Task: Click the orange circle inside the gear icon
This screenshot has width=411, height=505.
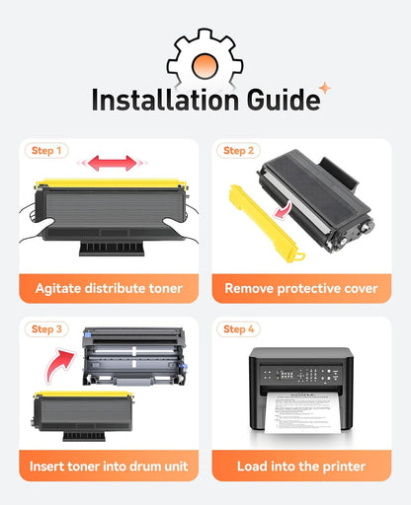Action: coord(205,66)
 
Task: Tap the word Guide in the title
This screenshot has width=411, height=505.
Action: coord(284,100)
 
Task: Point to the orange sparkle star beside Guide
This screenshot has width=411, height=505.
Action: coord(325,88)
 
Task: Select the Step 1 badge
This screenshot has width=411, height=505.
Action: coord(46,151)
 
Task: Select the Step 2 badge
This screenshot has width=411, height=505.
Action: coord(238,151)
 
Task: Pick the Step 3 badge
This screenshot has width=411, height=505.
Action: coord(46,329)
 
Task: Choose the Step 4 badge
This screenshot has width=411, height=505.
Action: coord(238,329)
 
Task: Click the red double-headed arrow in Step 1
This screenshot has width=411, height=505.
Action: coord(113,163)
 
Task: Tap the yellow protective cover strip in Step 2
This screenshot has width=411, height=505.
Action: coord(267,224)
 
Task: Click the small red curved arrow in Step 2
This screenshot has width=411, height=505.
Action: coord(284,211)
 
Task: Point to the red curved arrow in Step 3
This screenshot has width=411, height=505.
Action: coord(60,366)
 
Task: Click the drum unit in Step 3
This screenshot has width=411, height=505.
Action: coord(134,356)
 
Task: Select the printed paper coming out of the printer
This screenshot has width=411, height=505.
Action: coord(303,412)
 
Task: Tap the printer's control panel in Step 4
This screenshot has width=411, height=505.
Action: coord(300,375)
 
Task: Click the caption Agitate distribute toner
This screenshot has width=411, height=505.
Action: coord(109,288)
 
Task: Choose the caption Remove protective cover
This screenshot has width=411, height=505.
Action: coord(301,288)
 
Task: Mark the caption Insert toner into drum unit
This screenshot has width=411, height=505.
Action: coord(109,467)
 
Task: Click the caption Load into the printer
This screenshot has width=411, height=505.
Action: coord(301,467)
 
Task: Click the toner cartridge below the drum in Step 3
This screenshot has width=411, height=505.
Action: coord(83,416)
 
